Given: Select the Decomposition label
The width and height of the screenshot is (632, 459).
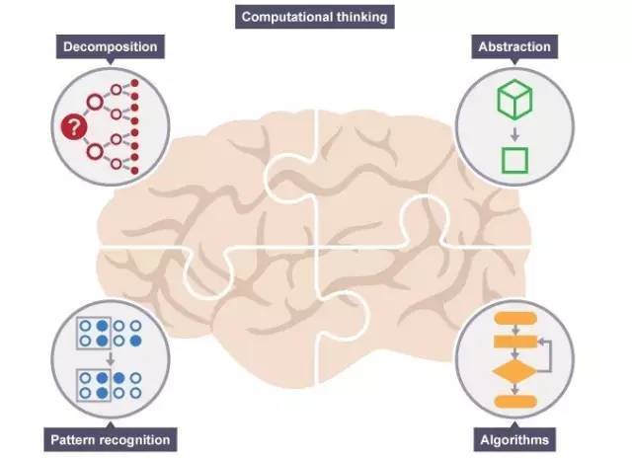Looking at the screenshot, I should pos(110,46).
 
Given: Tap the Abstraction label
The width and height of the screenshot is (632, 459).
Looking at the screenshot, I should pos(513,46).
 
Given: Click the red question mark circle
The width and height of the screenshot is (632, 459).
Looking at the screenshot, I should pos(72,126).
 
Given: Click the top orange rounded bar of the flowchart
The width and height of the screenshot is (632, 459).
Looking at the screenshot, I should pos(513,319).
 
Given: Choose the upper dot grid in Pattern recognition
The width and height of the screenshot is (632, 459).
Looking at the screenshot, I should pos(111,333).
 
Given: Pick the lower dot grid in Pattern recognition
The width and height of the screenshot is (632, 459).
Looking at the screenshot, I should pos(111,386).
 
